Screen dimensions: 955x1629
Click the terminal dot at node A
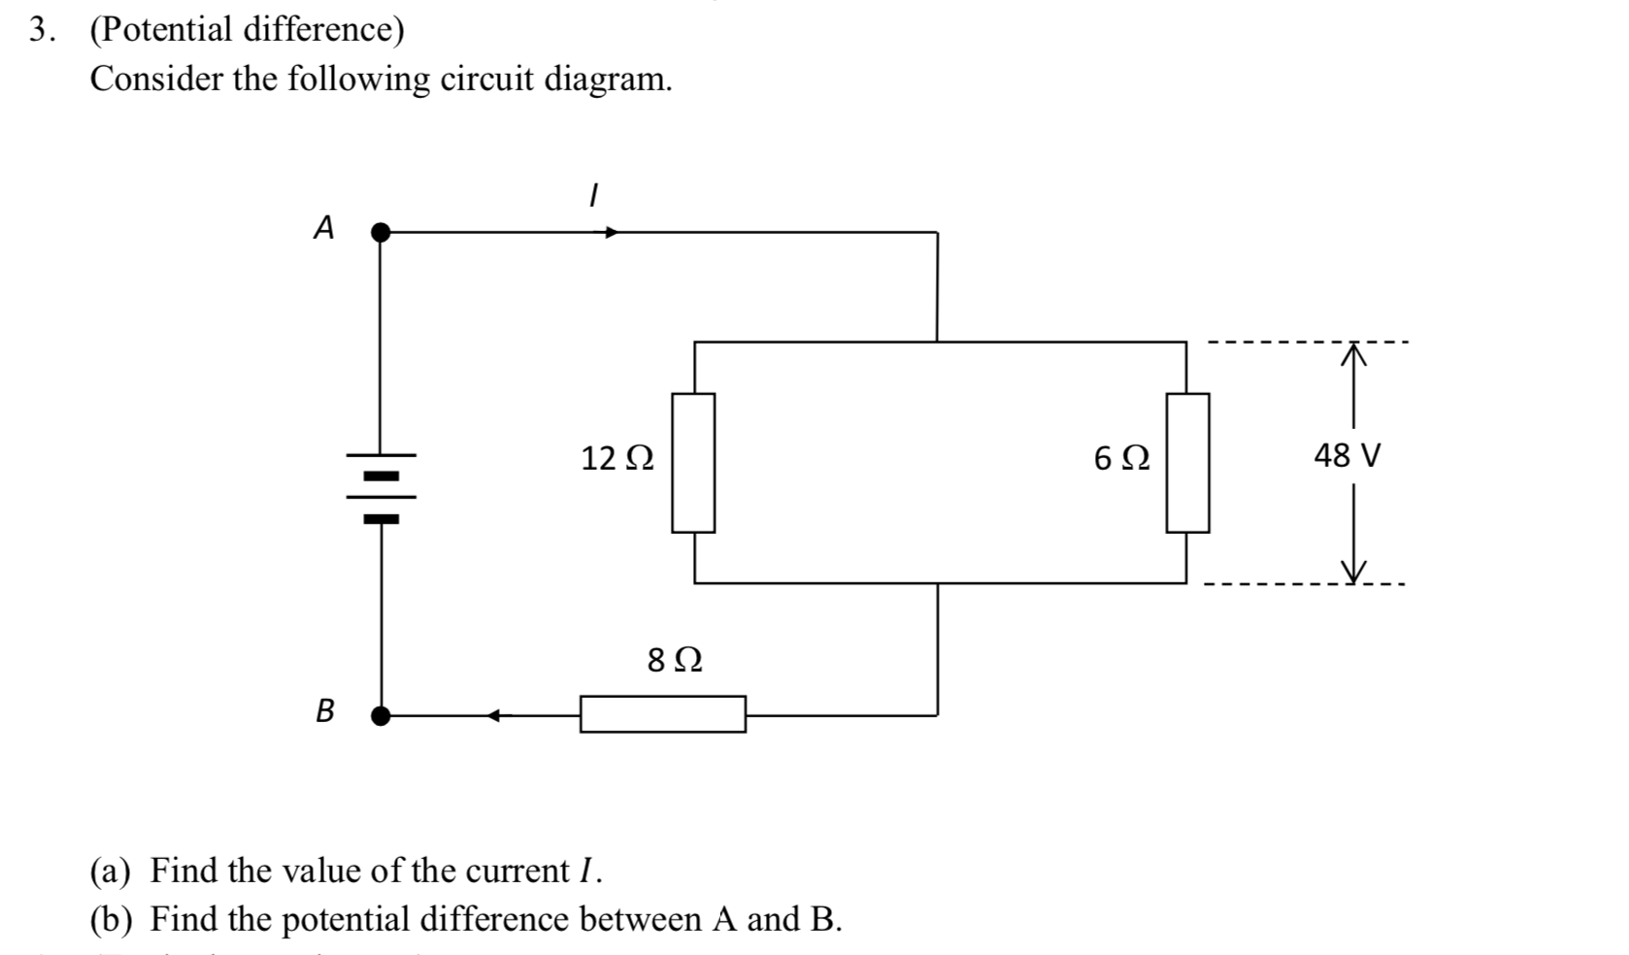click(x=382, y=232)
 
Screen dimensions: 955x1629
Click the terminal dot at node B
click(x=382, y=716)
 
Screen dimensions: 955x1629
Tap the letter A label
click(x=324, y=228)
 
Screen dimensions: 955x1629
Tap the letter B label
click(x=325, y=711)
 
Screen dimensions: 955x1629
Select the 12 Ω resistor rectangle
click(x=693, y=463)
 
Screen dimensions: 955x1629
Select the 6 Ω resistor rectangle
click(x=1187, y=463)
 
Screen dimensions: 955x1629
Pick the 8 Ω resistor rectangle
click(x=663, y=714)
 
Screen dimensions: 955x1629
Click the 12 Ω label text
click(x=617, y=458)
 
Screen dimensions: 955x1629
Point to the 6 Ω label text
click(x=1121, y=458)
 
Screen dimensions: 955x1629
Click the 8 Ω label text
click(x=675, y=661)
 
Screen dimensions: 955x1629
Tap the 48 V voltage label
click(x=1346, y=455)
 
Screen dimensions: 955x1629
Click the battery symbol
click(x=381, y=486)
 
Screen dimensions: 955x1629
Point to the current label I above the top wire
click(x=592, y=195)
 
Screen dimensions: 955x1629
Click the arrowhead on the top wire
click(x=612, y=233)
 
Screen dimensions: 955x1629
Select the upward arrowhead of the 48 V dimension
click(x=1353, y=356)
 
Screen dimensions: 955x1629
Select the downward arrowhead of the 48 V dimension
click(x=1353, y=570)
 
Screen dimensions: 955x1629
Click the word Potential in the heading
click(x=161, y=31)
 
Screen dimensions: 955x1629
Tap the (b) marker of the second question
click(x=114, y=919)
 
